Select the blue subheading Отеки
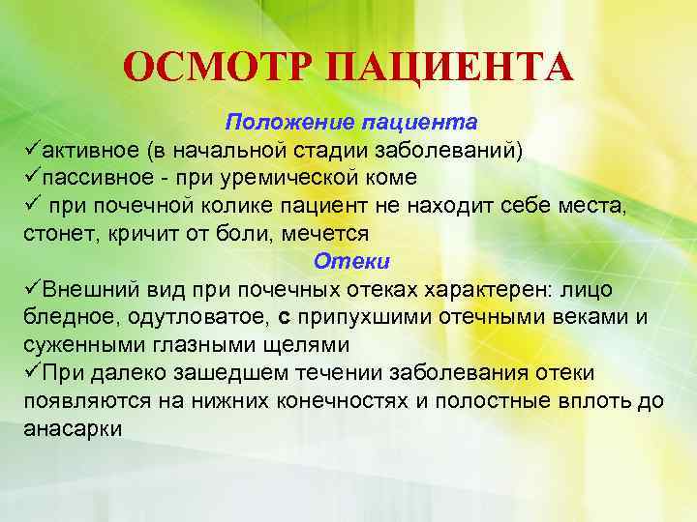(350, 262)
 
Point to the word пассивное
(101, 178)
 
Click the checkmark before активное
(32, 151)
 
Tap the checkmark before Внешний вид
(32, 290)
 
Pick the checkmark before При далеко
(32, 373)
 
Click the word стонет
(57, 234)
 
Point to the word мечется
(325, 234)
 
